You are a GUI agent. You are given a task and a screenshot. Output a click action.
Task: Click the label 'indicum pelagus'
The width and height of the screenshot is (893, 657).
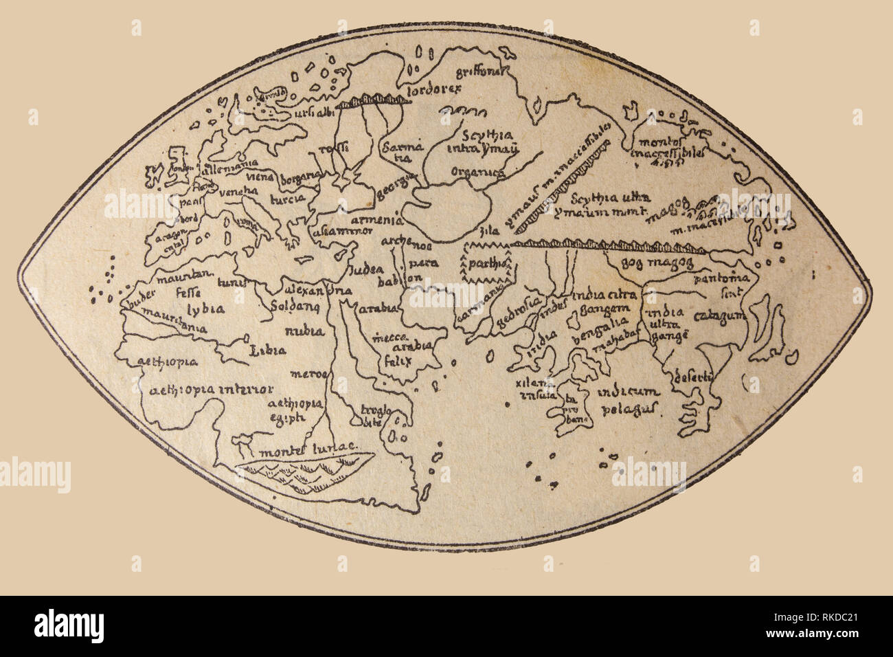628,401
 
